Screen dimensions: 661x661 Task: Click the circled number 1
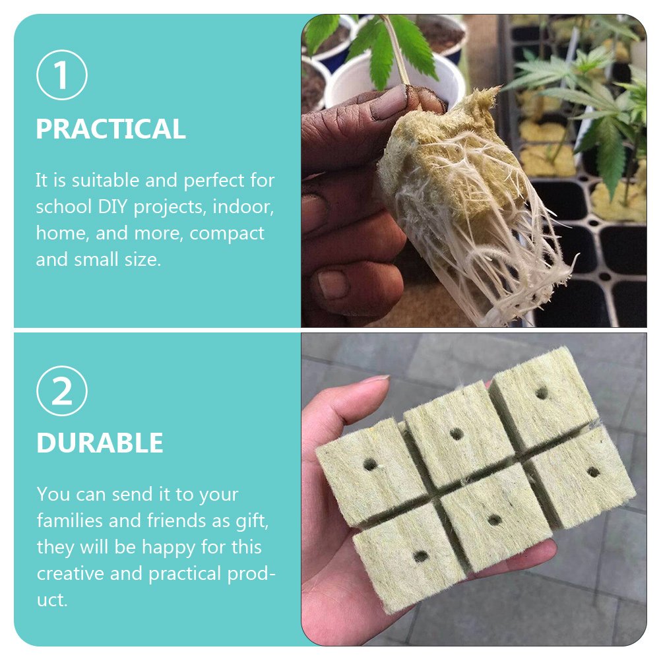click(x=61, y=75)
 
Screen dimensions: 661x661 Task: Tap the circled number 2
click(x=61, y=391)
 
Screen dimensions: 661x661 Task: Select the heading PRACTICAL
click(x=111, y=129)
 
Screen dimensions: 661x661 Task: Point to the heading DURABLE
click(x=100, y=443)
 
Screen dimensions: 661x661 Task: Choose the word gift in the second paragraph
click(x=251, y=520)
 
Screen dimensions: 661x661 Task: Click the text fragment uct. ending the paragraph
click(x=52, y=600)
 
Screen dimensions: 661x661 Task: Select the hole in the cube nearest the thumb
click(x=370, y=464)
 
